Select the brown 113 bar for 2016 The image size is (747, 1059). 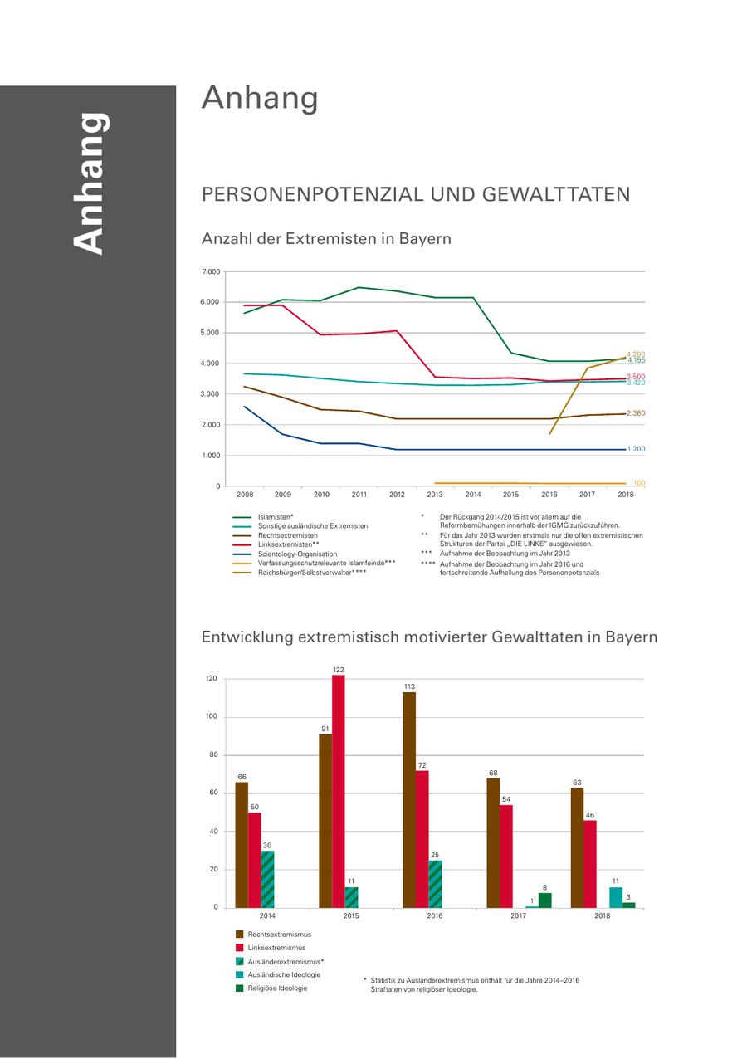[x=409, y=800]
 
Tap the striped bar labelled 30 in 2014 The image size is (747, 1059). [x=267, y=879]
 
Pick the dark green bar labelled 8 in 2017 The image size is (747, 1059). [x=544, y=900]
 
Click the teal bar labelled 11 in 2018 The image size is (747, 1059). [x=616, y=897]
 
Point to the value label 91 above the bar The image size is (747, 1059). [x=325, y=729]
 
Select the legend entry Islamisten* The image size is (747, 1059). [x=276, y=516]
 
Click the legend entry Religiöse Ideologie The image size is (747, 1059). [x=277, y=988]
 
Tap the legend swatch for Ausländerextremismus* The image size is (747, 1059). [x=240, y=961]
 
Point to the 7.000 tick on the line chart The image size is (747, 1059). [x=211, y=272]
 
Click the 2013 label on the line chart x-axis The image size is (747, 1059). [x=435, y=495]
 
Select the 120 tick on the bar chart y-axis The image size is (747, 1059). [x=211, y=679]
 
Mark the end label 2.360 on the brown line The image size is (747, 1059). [x=636, y=413]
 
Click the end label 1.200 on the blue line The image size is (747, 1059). [x=636, y=449]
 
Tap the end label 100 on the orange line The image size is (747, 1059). [x=639, y=483]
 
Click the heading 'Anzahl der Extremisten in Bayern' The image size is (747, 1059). [x=326, y=239]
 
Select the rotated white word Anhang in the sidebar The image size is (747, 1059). [x=88, y=183]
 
